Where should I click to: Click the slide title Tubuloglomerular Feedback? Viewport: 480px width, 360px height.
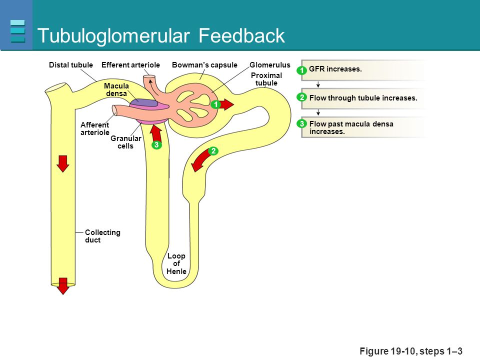pyautogui.click(x=161, y=36)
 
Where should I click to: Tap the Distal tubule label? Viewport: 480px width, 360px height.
pyautogui.click(x=71, y=65)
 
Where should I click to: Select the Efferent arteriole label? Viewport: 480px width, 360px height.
pyautogui.click(x=130, y=65)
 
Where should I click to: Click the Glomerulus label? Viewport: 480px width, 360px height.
pyautogui.click(x=270, y=65)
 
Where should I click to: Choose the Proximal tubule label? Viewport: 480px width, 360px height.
pyautogui.click(x=266, y=79)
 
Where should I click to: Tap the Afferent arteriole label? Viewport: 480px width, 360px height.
pyautogui.click(x=94, y=128)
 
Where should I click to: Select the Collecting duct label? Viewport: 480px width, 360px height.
pyautogui.click(x=102, y=236)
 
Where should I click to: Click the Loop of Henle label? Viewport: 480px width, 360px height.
pyautogui.click(x=176, y=264)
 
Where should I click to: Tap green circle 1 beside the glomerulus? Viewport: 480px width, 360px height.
pyautogui.click(x=215, y=104)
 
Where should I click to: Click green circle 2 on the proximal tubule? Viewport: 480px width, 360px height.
pyautogui.click(x=213, y=150)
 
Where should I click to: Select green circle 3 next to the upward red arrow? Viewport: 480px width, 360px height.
pyautogui.click(x=156, y=145)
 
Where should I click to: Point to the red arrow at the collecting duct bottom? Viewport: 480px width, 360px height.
pyautogui.click(x=62, y=285)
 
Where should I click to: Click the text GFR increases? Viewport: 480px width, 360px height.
pyautogui.click(x=335, y=69)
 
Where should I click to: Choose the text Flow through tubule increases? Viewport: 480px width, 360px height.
pyautogui.click(x=363, y=98)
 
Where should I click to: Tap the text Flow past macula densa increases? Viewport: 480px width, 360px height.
pyautogui.click(x=351, y=127)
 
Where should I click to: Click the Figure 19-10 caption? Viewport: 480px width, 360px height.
pyautogui.click(x=411, y=351)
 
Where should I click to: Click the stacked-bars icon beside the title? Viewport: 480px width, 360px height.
pyautogui.click(x=17, y=31)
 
